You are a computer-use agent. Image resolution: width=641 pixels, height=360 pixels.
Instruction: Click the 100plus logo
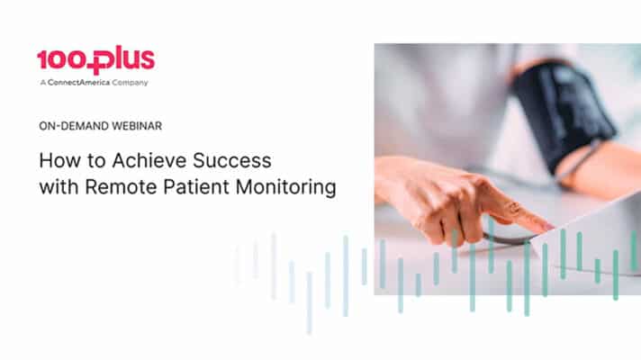click(x=95, y=60)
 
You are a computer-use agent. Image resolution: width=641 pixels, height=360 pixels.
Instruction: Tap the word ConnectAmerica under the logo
click(x=80, y=83)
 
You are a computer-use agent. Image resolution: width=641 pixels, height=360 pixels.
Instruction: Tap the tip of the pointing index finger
click(x=549, y=225)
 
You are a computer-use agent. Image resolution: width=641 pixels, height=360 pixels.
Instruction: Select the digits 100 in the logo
click(x=61, y=60)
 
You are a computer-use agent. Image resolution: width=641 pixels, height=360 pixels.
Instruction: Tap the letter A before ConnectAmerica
click(x=41, y=83)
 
